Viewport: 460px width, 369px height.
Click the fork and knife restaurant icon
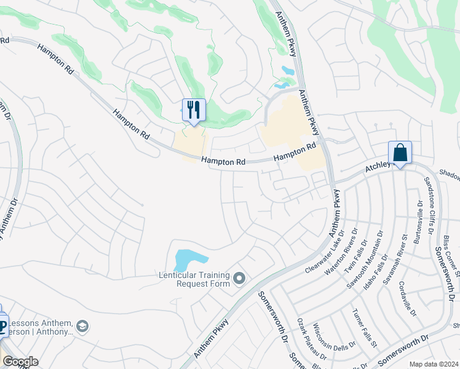tap(194, 110)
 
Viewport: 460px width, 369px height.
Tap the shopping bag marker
tap(400, 153)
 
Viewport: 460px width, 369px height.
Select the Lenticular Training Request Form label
tap(194, 279)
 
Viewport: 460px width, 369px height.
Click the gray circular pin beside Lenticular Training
tap(239, 279)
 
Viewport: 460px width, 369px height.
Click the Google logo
tap(20, 362)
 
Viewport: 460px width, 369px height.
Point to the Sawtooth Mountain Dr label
tap(368, 252)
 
